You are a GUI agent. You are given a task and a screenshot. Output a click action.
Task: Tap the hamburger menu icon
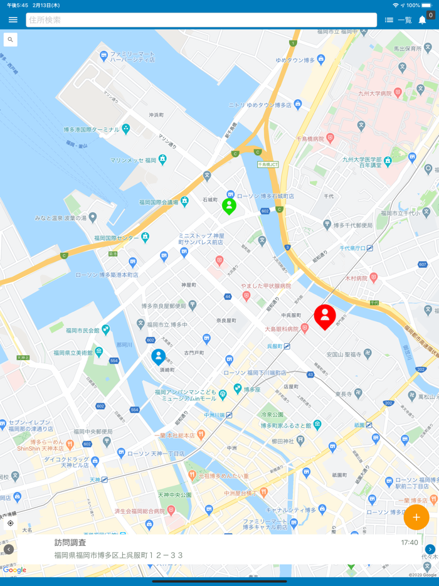click(13, 20)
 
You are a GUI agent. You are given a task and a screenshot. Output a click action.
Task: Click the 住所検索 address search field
click(201, 20)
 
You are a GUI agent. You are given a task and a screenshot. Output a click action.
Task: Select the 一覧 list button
click(398, 20)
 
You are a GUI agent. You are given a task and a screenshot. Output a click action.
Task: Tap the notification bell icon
click(423, 20)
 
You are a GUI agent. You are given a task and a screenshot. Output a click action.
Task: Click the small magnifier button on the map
click(10, 40)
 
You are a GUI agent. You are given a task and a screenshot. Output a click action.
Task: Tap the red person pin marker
click(325, 316)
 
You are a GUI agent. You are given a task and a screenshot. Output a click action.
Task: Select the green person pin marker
click(230, 205)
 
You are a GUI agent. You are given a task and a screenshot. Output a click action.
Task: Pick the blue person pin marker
click(159, 356)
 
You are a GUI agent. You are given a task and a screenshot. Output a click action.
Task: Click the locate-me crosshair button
click(10, 523)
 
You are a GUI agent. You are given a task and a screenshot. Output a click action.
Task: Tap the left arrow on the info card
click(8, 550)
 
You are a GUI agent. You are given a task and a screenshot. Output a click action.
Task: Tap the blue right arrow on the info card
click(430, 550)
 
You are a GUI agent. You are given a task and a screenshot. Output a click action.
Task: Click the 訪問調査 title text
click(70, 543)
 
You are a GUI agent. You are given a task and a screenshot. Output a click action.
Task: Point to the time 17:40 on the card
click(410, 543)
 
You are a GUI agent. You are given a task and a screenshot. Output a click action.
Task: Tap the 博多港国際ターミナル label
click(91, 129)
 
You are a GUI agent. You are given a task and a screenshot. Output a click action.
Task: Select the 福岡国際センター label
click(117, 238)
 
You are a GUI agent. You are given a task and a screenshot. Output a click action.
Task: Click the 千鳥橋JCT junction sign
click(268, 164)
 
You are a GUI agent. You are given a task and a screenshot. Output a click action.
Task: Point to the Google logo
click(14, 570)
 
